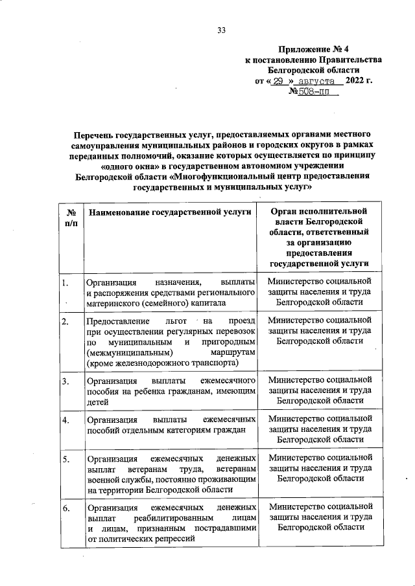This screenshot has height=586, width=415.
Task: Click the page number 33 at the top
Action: pos(222,30)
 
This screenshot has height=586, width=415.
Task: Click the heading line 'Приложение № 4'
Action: pos(311,49)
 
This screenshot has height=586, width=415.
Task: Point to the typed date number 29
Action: pos(279,82)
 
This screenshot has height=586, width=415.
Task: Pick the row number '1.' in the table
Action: pos(65,282)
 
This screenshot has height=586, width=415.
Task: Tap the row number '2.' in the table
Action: pos(65,321)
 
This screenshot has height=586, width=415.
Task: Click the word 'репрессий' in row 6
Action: pos(174,539)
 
